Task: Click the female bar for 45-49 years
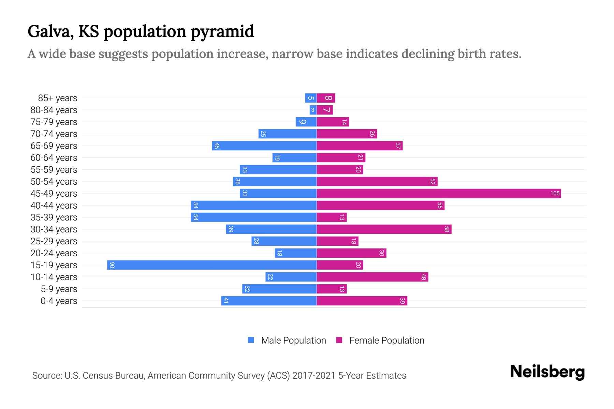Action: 438,194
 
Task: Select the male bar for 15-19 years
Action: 211,265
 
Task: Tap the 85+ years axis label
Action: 57,98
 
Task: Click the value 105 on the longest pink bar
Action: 555,194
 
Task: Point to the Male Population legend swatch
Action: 251,340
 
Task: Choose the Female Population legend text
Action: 386,340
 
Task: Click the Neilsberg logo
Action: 547,372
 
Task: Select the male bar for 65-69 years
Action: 264,146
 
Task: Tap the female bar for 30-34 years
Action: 384,229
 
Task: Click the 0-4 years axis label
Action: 59,301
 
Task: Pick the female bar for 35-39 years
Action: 332,217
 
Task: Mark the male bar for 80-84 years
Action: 313,110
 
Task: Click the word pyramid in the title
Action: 222,31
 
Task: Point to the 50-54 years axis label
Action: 54,182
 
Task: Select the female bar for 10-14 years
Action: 372,277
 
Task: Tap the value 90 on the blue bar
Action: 112,265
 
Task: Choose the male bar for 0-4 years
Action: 269,301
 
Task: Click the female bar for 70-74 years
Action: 347,134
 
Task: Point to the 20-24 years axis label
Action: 54,253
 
